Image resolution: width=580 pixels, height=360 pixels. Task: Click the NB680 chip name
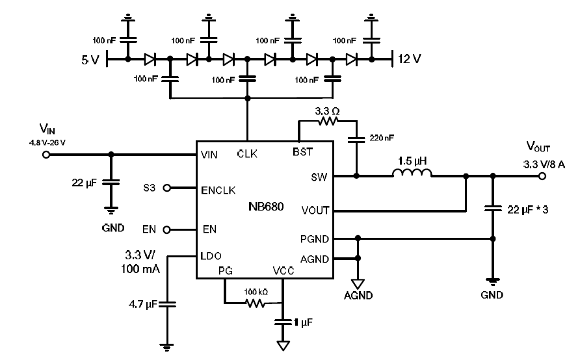(x=265, y=207)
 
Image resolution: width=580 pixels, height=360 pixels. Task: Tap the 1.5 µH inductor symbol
(x=412, y=174)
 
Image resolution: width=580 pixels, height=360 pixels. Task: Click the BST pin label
(x=303, y=152)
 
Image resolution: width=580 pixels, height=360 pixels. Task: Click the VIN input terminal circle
(x=46, y=155)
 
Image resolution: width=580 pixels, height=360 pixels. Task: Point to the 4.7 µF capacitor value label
(x=142, y=303)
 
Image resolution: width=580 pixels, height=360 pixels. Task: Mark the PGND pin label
(x=315, y=238)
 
